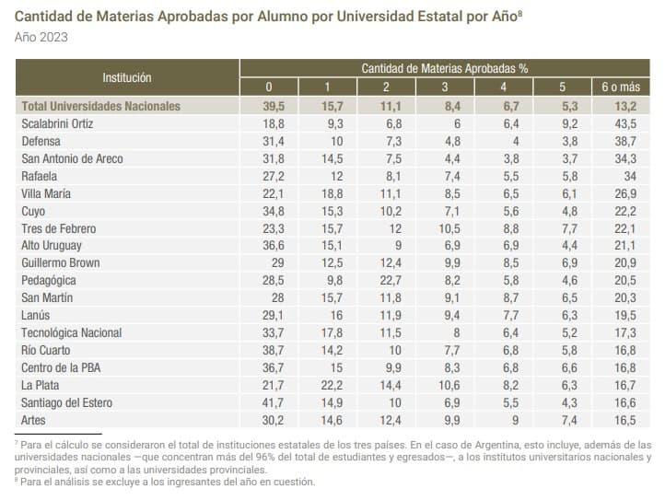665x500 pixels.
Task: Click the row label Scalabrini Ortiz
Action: (57, 123)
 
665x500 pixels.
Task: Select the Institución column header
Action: (127, 77)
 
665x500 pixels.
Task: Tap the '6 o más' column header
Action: (620, 87)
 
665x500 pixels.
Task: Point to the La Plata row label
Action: (41, 385)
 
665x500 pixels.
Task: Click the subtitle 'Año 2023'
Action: (41, 37)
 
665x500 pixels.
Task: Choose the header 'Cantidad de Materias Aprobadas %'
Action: (444, 68)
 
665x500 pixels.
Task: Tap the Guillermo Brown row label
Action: (62, 263)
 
